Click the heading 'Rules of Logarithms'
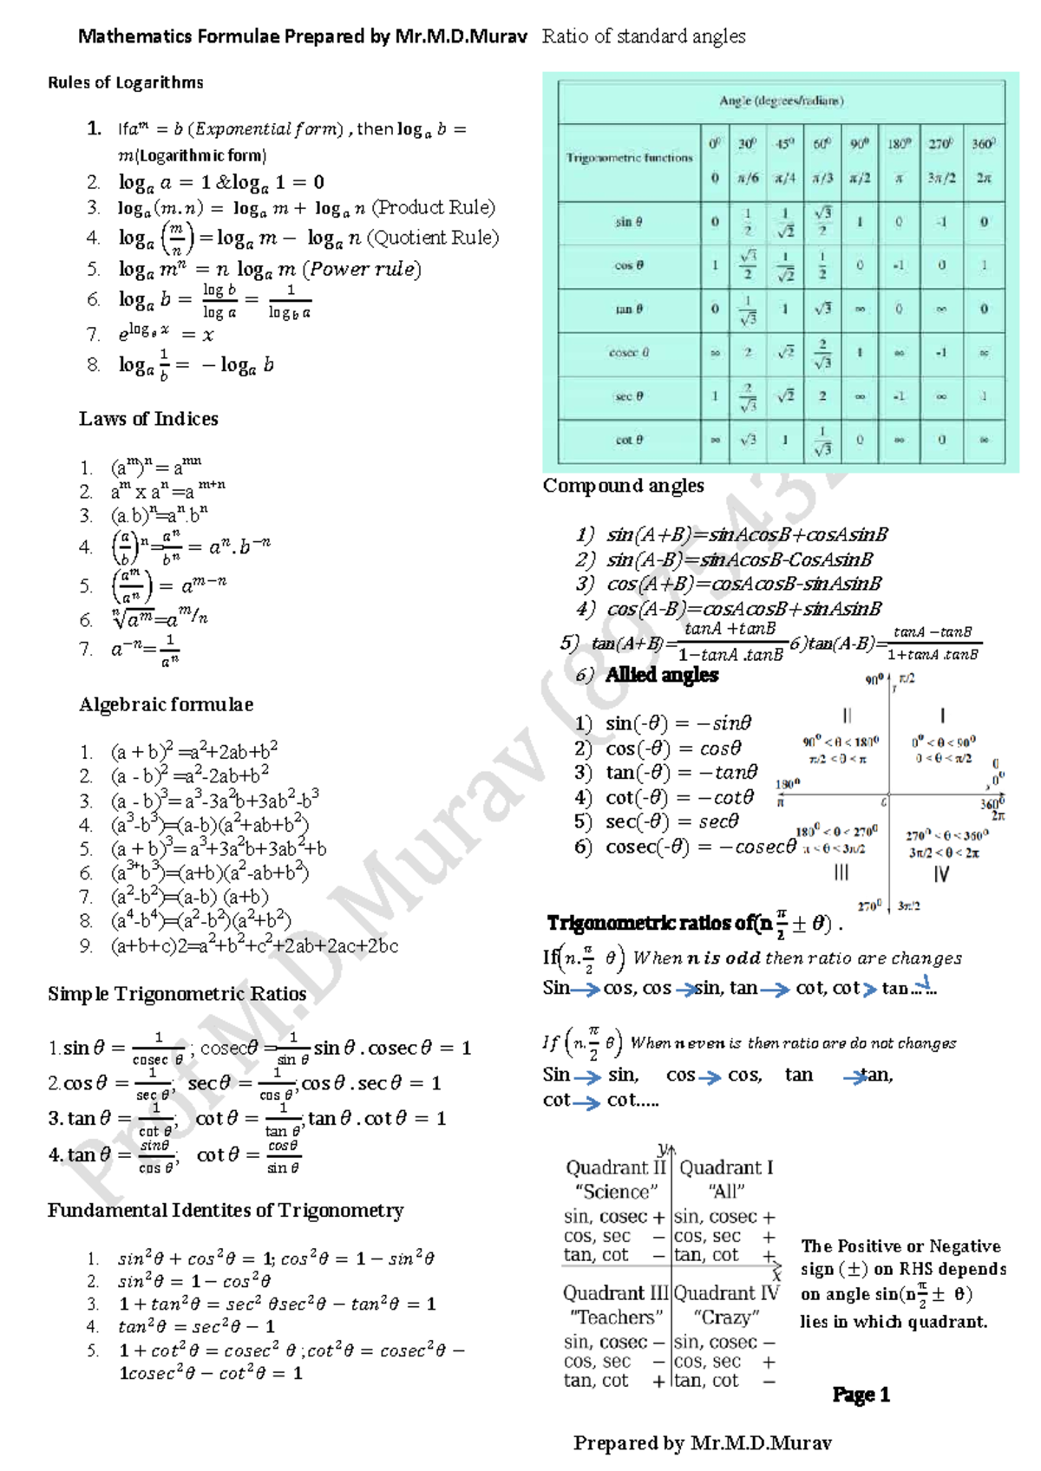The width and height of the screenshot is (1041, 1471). point(125,82)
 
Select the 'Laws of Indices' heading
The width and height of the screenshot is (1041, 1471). point(148,419)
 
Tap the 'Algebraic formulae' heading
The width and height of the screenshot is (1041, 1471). point(166,704)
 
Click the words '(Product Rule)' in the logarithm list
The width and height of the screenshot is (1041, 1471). point(434,208)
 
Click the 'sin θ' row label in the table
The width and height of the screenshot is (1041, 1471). point(628,222)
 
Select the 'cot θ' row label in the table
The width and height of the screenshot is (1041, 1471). point(628,440)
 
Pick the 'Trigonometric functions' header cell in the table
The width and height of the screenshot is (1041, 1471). point(629,158)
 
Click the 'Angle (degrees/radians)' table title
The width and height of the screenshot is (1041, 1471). point(781,101)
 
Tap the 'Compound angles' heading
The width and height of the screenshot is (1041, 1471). point(623,486)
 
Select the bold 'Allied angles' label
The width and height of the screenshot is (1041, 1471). point(662,675)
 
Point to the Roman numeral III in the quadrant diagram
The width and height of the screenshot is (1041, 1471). point(841,873)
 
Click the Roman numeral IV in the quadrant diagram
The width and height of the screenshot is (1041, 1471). point(941,874)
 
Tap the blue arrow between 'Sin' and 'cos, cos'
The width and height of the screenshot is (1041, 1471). point(586,989)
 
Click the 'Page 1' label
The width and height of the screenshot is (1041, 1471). point(861,1395)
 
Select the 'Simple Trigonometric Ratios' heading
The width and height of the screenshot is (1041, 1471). point(177,994)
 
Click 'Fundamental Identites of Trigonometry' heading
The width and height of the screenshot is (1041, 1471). point(226,1210)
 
